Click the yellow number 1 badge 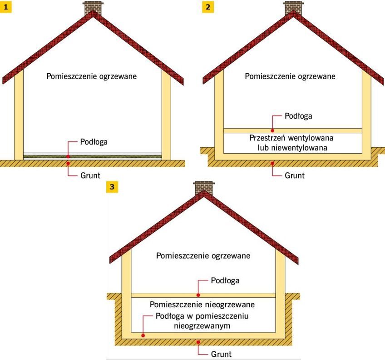click(5, 7)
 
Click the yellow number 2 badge click(208, 7)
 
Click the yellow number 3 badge click(112, 187)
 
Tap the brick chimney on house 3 click(204, 188)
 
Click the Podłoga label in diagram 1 click(94, 142)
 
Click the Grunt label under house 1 click(90, 175)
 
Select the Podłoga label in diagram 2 click(298, 116)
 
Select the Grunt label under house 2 click(295, 175)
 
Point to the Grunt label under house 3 click(221, 354)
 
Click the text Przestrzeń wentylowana click(291, 138)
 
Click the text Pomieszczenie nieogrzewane click(202, 305)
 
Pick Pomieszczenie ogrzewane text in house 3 click(203, 256)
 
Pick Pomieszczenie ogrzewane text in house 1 click(92, 76)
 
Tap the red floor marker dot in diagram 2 click(272, 130)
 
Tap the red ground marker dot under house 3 click(198, 342)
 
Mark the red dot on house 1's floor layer click(68, 156)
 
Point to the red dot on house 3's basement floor click(143, 335)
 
